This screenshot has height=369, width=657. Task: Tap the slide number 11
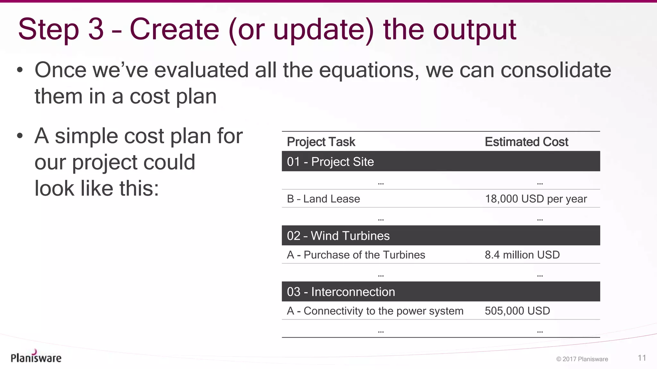(642, 358)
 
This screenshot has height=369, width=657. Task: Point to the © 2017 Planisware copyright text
(582, 359)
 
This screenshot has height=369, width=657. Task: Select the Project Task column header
(321, 142)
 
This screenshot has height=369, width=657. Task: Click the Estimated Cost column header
(526, 142)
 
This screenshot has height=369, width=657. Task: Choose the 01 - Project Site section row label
(330, 162)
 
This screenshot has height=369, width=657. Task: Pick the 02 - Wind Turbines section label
(338, 236)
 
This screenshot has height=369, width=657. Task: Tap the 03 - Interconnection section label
(341, 292)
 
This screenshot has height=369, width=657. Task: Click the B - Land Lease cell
(323, 199)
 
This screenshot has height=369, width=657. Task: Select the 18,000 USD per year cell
(536, 199)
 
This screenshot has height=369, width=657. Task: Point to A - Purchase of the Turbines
(356, 255)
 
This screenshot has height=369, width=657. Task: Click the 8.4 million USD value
(522, 255)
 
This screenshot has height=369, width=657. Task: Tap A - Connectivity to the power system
(375, 311)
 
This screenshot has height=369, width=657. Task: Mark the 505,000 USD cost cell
(517, 311)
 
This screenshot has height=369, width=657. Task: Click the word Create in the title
(174, 29)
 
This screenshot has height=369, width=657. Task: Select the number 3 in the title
(96, 29)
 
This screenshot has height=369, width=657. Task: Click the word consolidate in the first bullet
(556, 70)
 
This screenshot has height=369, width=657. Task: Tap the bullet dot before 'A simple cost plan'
(20, 136)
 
